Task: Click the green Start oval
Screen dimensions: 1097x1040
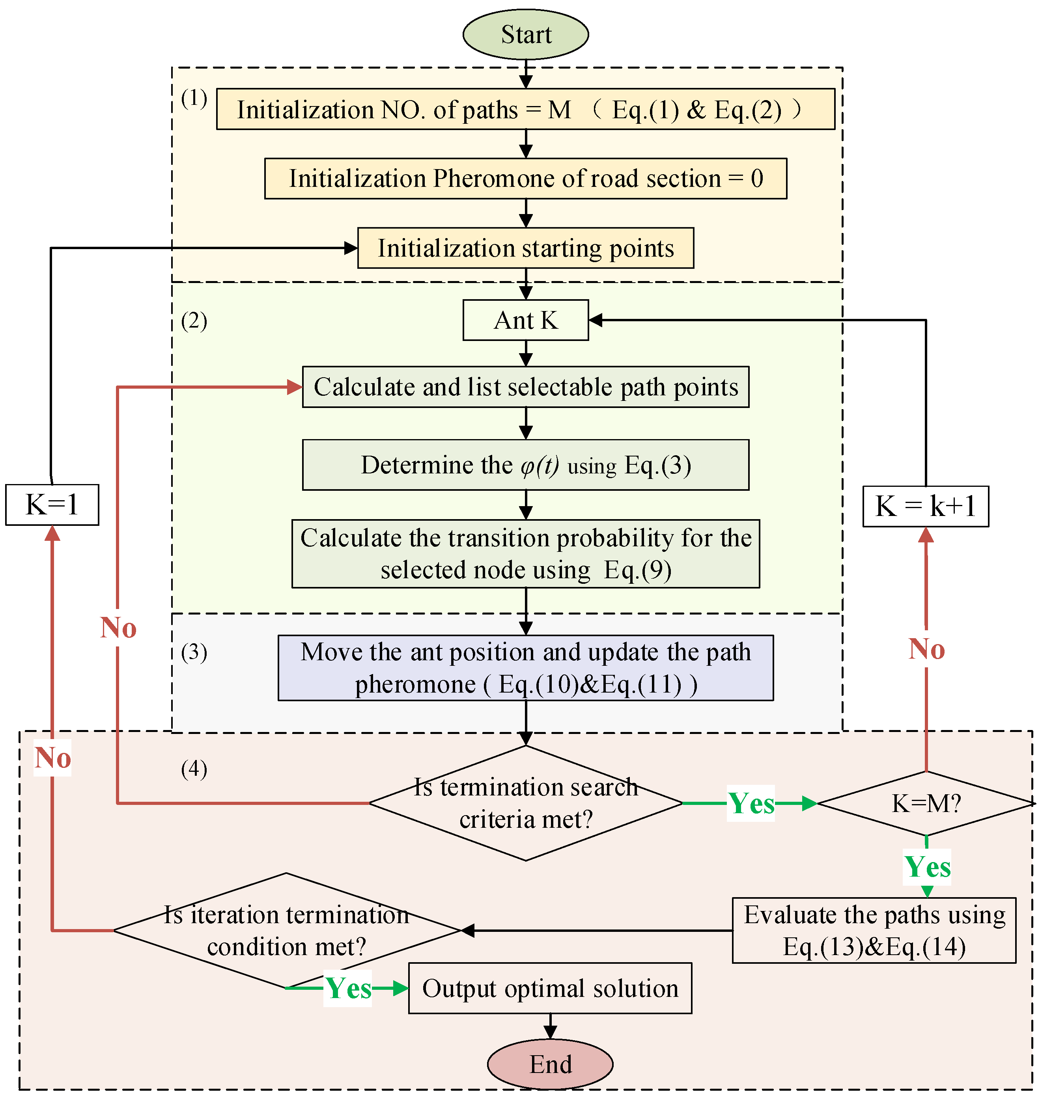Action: (x=526, y=34)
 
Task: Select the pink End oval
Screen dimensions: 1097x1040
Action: (x=550, y=1064)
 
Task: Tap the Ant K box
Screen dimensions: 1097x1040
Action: (x=526, y=320)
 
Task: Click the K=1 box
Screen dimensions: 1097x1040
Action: (x=52, y=505)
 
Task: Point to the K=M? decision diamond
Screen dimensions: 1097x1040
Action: (x=925, y=803)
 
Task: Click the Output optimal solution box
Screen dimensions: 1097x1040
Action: (x=550, y=989)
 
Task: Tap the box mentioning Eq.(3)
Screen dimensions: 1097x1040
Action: (x=526, y=465)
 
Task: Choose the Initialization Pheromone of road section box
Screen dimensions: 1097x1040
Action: (x=526, y=179)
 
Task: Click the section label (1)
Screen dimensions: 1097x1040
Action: (x=194, y=98)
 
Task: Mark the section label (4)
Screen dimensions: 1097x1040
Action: (x=194, y=769)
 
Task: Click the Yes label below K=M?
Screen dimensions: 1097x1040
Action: (x=927, y=866)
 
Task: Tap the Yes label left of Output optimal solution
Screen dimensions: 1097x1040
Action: (x=347, y=988)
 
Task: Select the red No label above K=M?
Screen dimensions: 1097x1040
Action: (x=926, y=649)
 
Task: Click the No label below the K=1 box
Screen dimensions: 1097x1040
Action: (x=53, y=757)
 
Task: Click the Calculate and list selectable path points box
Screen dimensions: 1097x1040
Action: (x=526, y=387)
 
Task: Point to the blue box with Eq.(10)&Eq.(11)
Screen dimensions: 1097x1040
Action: (x=526, y=668)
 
